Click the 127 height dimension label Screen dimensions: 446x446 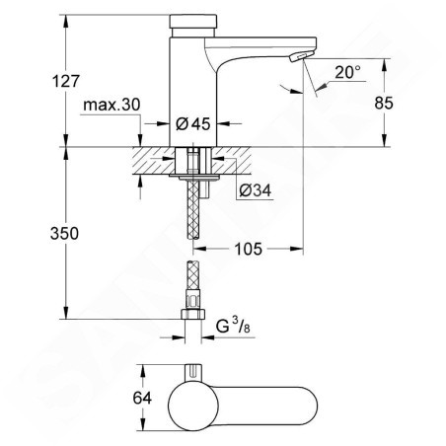66,81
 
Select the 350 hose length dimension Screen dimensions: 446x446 64,233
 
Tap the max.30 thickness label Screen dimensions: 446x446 111,105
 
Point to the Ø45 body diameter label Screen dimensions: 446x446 192,123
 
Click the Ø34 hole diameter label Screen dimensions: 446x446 256,190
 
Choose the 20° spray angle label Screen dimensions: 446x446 347,72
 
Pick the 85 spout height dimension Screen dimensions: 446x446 384,103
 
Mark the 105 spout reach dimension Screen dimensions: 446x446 248,249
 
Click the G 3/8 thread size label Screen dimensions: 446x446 233,327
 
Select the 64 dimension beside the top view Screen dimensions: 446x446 142,398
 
